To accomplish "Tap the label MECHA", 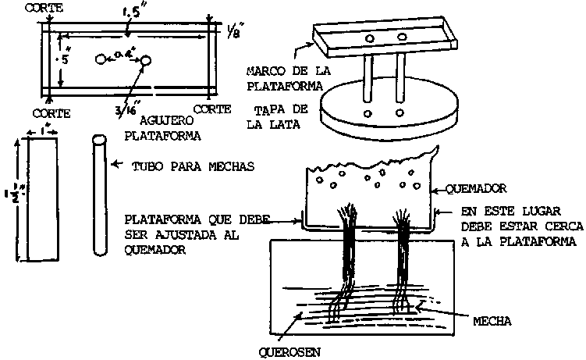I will [492, 320].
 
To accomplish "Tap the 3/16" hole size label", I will [124, 110].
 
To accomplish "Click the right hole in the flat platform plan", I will [145, 60].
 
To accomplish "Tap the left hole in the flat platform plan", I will [100, 59].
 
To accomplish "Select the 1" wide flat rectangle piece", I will [41, 201].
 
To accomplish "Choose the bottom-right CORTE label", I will [211, 110].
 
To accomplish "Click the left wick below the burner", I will [347, 258].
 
